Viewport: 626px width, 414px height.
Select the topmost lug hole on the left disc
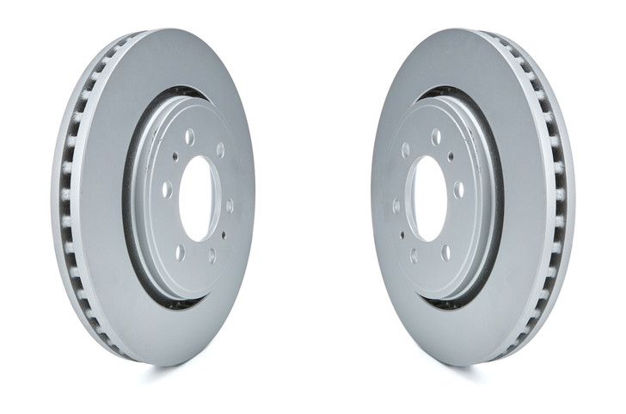click(x=189, y=137)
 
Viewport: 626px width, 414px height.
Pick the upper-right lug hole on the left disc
click(x=220, y=151)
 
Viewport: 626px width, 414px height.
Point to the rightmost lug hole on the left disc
click(x=230, y=206)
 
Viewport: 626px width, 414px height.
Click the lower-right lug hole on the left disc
click(x=212, y=255)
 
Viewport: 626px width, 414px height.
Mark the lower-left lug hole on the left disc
click(x=180, y=251)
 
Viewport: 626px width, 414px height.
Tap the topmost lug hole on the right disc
click(x=436, y=137)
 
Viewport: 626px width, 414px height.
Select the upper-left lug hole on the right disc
click(x=405, y=151)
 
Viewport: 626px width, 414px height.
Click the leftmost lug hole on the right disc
click(x=396, y=206)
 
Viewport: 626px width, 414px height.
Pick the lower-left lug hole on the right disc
click(x=414, y=255)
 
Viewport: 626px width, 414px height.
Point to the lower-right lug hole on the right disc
click(x=445, y=251)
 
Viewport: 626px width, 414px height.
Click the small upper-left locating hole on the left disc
click(x=175, y=157)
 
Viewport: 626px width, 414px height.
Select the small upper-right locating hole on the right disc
click(x=451, y=157)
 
